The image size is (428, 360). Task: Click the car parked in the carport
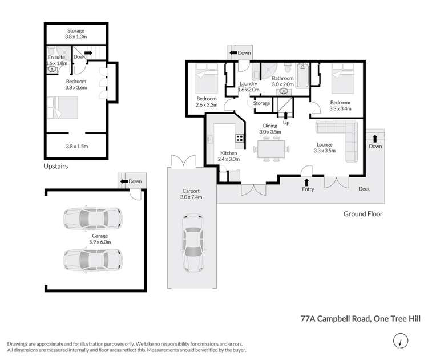pos(192,244)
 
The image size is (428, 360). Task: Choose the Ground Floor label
pos(362,214)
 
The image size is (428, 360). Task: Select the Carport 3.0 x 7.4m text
pos(191,193)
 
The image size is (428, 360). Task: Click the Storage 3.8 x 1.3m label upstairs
pos(75,34)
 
